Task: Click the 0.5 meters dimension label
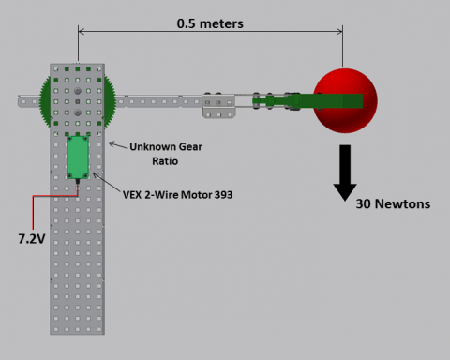pyautogui.click(x=210, y=23)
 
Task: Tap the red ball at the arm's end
pyautogui.click(x=345, y=100)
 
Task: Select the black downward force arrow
pyautogui.click(x=345, y=172)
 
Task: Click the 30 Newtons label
pyautogui.click(x=393, y=203)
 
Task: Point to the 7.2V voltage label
pyautogui.click(x=32, y=239)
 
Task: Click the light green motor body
pyautogui.click(x=78, y=157)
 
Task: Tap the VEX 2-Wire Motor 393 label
pyautogui.click(x=177, y=195)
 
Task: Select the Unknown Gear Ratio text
pyautogui.click(x=166, y=154)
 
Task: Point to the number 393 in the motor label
pyautogui.click(x=223, y=195)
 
